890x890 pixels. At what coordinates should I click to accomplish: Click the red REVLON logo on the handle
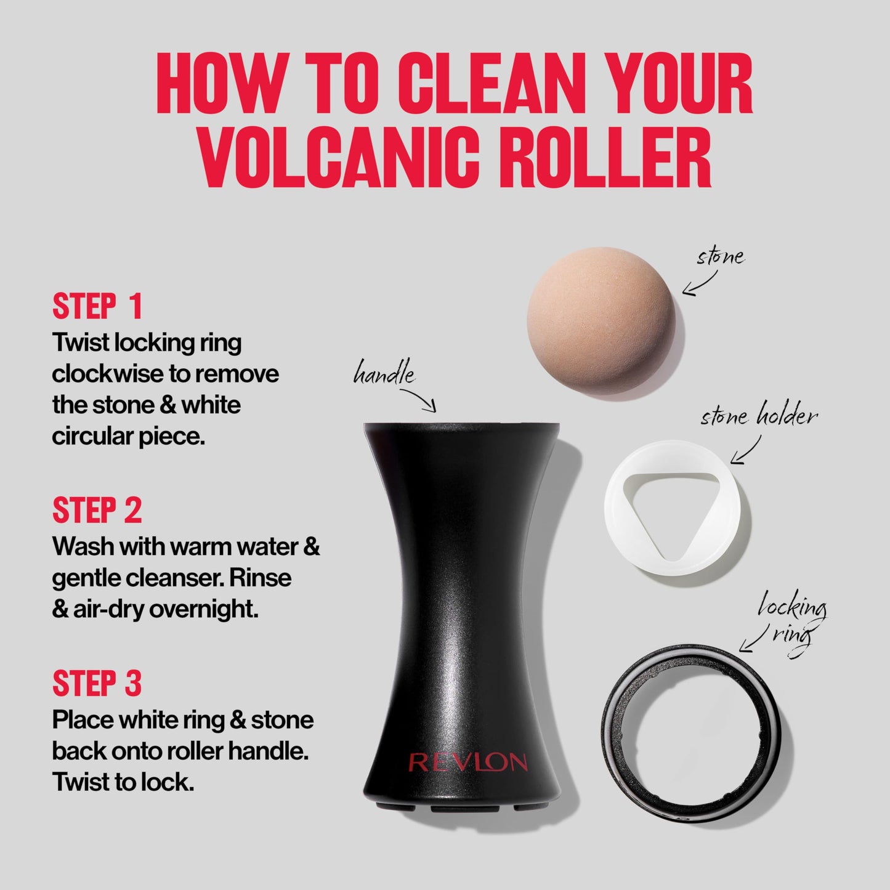468,763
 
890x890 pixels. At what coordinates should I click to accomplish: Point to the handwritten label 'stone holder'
759,418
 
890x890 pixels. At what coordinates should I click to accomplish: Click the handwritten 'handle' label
383,373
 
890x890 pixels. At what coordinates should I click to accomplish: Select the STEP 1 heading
97,307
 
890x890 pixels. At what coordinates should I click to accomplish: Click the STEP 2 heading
97,510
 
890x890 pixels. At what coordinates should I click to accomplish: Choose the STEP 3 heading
97,683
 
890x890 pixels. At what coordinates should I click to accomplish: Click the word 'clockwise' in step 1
110,374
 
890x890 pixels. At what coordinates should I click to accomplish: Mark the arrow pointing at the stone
699,285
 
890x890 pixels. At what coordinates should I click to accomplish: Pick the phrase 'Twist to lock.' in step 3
123,782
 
